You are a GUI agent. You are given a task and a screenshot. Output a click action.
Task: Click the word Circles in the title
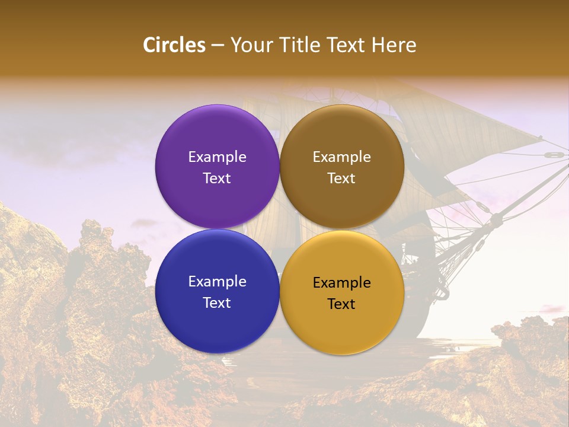(174, 45)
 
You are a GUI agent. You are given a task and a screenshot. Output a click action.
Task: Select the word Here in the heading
(394, 45)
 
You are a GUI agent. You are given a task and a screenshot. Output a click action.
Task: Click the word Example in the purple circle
(217, 157)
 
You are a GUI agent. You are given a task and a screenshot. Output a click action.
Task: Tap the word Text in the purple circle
(217, 179)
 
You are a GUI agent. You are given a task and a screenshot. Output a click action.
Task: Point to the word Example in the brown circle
(342, 157)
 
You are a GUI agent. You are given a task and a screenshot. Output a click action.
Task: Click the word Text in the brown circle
(342, 179)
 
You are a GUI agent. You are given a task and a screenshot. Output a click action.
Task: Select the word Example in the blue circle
(217, 282)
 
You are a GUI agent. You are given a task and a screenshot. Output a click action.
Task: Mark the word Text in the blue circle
(217, 303)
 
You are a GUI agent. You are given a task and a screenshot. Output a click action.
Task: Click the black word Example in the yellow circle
(342, 283)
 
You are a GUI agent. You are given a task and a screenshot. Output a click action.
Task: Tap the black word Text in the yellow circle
(342, 304)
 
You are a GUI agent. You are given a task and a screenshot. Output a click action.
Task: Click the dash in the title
(218, 46)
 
